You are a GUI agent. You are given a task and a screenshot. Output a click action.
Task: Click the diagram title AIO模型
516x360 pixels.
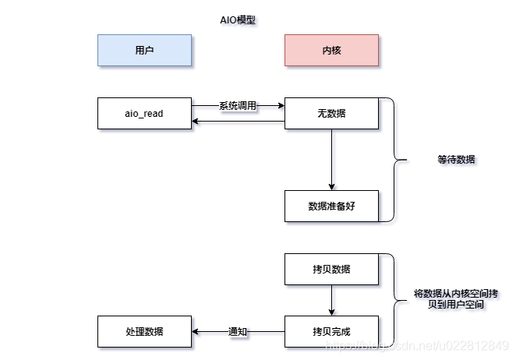click(x=238, y=20)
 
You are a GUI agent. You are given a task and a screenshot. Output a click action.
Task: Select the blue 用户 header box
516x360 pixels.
click(x=144, y=50)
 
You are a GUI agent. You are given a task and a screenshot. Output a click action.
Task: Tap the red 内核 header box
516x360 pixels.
click(x=331, y=50)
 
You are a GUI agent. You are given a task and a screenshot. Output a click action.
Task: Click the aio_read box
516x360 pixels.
click(x=144, y=114)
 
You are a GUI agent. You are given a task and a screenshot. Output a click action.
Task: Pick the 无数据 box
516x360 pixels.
click(x=331, y=114)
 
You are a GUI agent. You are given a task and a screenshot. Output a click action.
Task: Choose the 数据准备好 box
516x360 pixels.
click(x=331, y=206)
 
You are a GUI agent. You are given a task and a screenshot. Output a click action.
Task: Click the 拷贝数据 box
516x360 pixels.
click(x=331, y=269)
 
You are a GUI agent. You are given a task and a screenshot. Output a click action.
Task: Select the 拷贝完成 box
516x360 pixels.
click(x=331, y=331)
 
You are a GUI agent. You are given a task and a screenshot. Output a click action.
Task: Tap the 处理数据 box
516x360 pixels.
click(x=144, y=331)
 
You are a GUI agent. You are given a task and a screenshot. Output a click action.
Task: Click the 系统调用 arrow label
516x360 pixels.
click(x=237, y=105)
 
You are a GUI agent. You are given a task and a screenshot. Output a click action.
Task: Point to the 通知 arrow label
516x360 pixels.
click(x=237, y=331)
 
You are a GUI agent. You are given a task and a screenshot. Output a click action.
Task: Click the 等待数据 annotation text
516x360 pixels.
click(x=457, y=160)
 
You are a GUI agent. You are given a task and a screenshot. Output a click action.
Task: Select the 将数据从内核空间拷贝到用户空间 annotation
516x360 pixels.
click(x=457, y=299)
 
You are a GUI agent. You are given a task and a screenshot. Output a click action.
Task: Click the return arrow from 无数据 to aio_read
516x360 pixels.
click(x=238, y=121)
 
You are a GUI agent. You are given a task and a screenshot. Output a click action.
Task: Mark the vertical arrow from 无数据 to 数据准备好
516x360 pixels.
click(x=331, y=160)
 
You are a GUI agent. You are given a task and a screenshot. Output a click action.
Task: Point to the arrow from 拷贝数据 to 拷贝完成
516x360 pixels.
click(x=331, y=300)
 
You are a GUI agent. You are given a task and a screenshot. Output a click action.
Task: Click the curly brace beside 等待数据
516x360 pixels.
click(x=398, y=160)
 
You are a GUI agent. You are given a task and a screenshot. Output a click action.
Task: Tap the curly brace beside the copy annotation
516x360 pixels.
click(x=398, y=300)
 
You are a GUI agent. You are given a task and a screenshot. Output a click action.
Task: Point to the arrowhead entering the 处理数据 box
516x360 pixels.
click(x=196, y=331)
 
